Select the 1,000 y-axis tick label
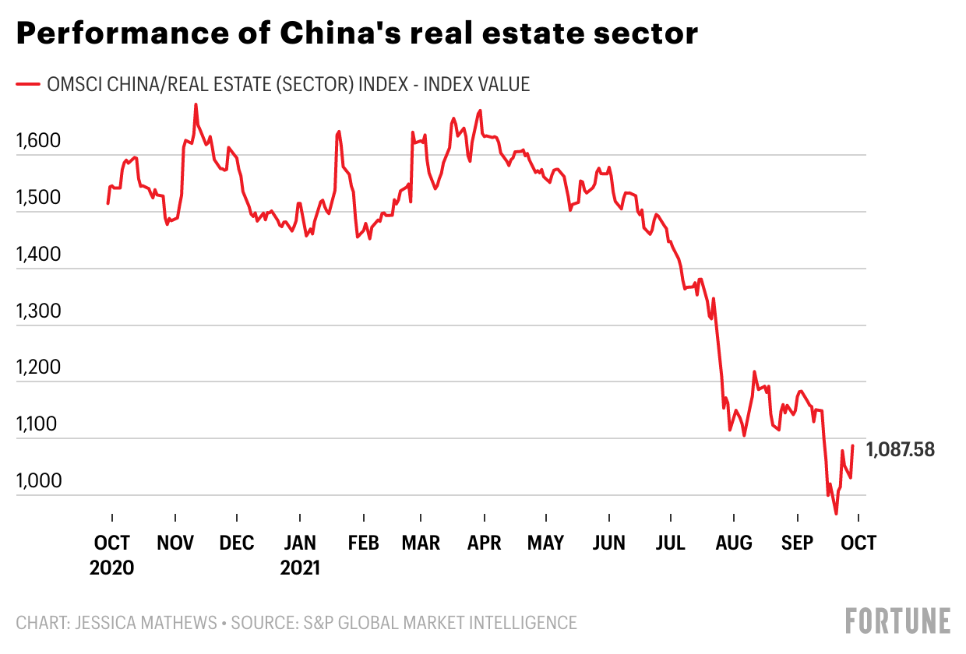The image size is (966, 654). pos(38,481)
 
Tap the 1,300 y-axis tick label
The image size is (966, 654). pos(38,311)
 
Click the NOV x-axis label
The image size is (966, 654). pos(175,543)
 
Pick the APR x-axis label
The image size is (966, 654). pos(484,543)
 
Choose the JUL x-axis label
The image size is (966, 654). pos(671,543)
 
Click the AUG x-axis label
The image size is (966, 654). pos(734,543)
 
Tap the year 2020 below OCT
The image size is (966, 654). pos(112,568)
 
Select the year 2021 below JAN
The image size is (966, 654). pos(300,568)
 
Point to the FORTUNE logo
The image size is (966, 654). pos(898,621)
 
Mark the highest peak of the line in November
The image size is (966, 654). pos(196,104)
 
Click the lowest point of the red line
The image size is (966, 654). pos(836,514)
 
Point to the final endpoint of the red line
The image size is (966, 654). pos(853,445)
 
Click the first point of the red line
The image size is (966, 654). pos(108,203)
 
